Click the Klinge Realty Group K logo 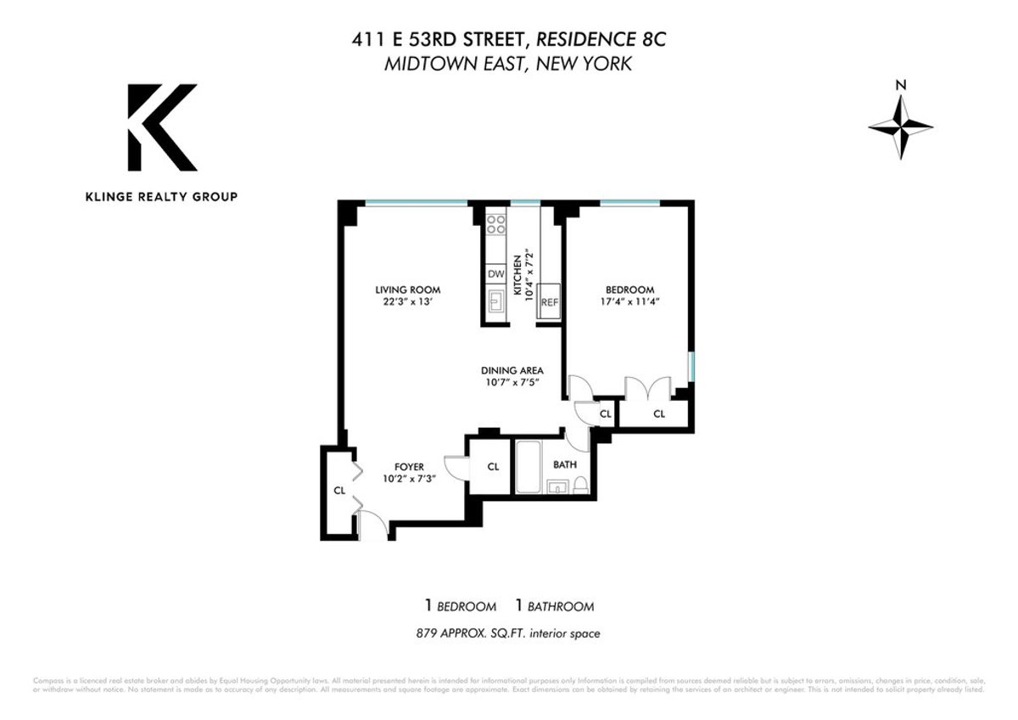click(x=162, y=127)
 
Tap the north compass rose click(x=901, y=125)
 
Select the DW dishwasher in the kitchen click(x=495, y=273)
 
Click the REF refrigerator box click(x=549, y=301)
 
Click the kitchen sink click(x=495, y=303)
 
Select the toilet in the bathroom click(x=581, y=485)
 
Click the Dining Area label click(x=512, y=370)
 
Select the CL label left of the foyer click(x=338, y=490)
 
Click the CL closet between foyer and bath click(x=493, y=466)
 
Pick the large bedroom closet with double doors click(x=657, y=413)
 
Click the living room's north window click(x=417, y=203)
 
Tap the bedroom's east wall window click(x=691, y=368)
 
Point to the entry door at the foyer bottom click(x=372, y=526)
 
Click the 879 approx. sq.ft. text click(x=508, y=633)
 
